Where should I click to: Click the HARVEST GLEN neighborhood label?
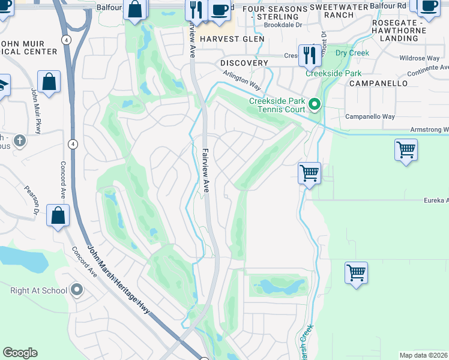(x=232, y=39)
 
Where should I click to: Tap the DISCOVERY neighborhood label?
(x=244, y=63)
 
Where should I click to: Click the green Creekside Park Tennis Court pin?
(x=315, y=106)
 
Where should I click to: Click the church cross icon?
(x=20, y=141)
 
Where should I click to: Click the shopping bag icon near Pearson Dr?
(x=58, y=216)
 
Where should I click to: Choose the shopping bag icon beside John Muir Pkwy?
(x=49, y=82)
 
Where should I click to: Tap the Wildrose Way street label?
(x=421, y=59)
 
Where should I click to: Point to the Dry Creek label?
(x=352, y=53)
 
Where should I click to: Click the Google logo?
(x=20, y=353)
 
